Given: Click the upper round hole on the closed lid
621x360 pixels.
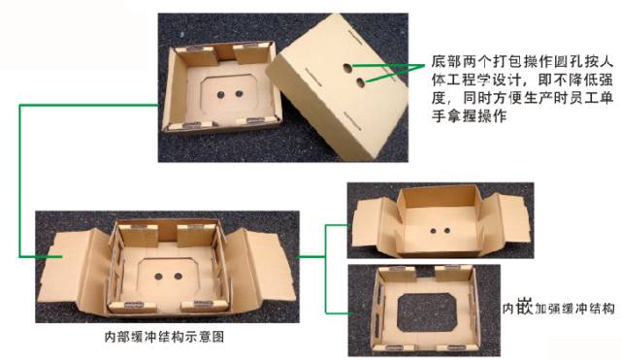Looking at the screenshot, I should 347,69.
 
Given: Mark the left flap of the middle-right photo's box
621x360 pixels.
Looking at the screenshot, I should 373,221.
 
